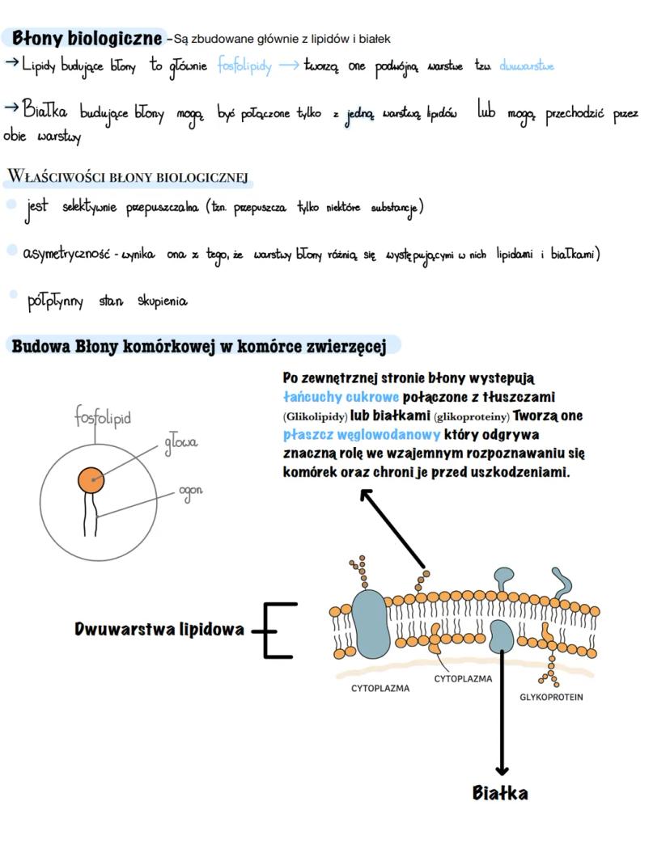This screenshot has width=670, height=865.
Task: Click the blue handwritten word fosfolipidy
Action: (244, 66)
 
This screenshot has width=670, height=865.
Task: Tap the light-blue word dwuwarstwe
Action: (527, 66)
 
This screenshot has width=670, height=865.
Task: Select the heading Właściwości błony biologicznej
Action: (126, 177)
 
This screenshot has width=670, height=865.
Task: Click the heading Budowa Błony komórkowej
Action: (199, 346)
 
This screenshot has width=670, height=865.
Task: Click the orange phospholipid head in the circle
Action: (91, 480)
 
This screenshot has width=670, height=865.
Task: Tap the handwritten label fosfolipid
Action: (103, 418)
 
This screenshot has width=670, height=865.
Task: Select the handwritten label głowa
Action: (180, 443)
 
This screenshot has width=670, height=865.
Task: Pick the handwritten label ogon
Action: (191, 492)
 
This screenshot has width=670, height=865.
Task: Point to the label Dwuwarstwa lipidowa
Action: (159, 629)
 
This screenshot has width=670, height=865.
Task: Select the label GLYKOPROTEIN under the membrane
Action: (551, 697)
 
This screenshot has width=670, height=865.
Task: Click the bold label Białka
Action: (500, 793)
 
